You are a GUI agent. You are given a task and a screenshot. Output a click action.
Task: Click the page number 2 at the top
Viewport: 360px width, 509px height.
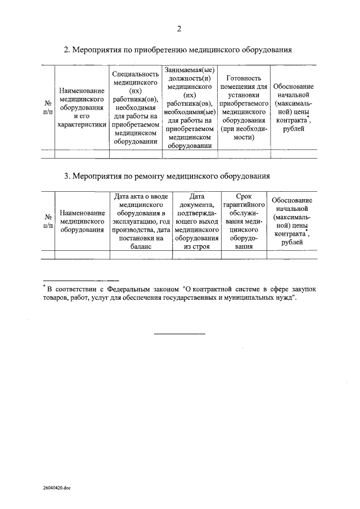(x=179, y=29)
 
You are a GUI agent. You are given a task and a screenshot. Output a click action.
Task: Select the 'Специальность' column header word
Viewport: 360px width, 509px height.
(x=135, y=74)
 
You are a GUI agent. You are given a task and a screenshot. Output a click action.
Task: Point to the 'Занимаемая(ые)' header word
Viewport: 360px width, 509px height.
(x=190, y=70)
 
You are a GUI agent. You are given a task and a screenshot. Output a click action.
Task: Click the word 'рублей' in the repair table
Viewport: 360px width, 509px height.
(x=292, y=242)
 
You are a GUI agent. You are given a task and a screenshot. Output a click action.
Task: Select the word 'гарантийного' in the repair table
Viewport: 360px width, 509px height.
(x=244, y=205)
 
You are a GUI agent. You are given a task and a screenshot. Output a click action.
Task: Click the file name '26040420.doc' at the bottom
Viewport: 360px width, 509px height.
(x=56, y=489)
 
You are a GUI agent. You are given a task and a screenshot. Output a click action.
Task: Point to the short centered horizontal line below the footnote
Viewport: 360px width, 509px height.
(x=179, y=334)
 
